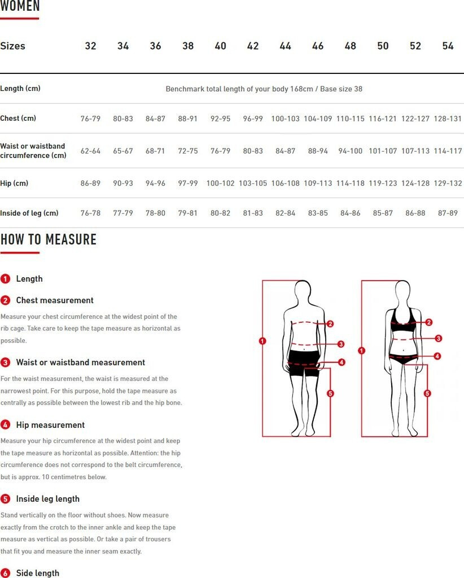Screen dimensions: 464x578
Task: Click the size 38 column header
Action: pos(188,46)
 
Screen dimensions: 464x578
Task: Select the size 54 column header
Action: pos(448,46)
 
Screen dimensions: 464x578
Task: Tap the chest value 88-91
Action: pos(187,119)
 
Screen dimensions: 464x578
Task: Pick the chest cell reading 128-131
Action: pos(448,119)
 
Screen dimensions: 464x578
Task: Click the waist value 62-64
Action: pos(90,151)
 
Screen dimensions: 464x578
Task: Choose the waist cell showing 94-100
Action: pos(350,151)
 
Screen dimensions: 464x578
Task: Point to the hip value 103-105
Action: pos(253,183)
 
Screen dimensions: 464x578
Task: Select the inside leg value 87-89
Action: pos(448,213)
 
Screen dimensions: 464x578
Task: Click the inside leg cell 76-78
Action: pos(90,213)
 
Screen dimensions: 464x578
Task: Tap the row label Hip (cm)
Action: pos(14,183)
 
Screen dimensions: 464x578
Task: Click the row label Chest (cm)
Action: pos(18,119)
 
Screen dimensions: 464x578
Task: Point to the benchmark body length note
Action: pos(264,89)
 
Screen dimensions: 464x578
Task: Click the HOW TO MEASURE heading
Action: pos(49,239)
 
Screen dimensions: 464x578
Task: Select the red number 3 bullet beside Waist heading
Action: pos(5,362)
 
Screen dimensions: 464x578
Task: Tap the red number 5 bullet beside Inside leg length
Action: pos(5,499)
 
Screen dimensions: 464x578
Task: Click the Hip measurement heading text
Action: pos(50,425)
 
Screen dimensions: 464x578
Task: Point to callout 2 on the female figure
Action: pos(428,322)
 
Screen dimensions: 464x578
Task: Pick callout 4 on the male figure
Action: pos(342,362)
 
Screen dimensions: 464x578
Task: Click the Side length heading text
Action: pos(38,573)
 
